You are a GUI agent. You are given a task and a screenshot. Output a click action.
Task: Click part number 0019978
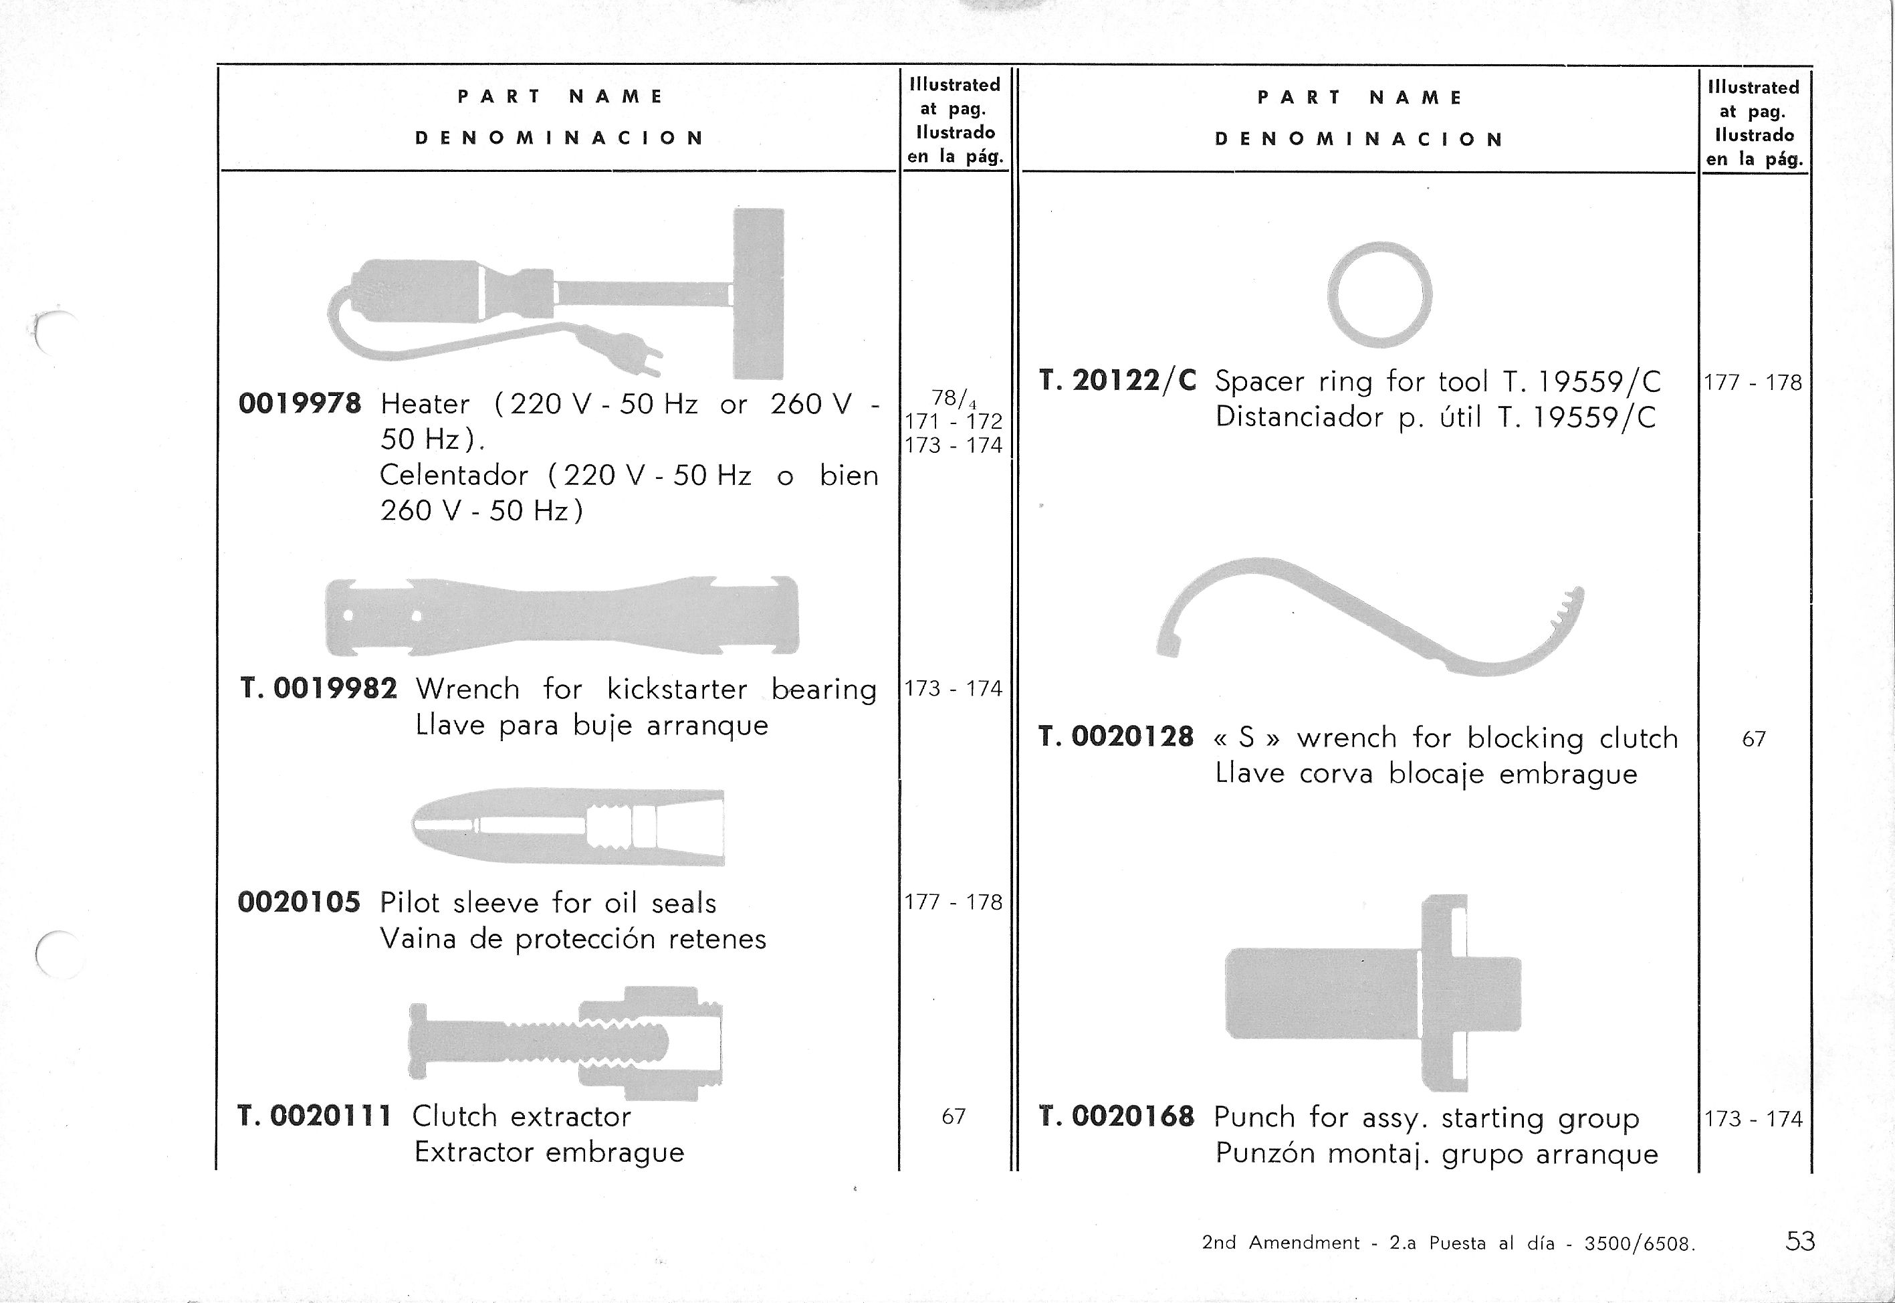pyautogui.click(x=299, y=403)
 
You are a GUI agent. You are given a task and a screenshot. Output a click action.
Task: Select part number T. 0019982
pyautogui.click(x=319, y=689)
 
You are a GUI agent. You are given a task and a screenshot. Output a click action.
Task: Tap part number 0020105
pyautogui.click(x=299, y=902)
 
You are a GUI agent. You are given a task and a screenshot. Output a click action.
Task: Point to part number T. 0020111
pyautogui.click(x=315, y=1115)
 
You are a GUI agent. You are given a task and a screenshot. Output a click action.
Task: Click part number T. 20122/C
pyautogui.click(x=1117, y=381)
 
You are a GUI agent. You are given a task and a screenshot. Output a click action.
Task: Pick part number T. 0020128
pyautogui.click(x=1117, y=737)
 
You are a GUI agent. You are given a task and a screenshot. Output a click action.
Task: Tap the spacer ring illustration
pyautogui.click(x=1379, y=294)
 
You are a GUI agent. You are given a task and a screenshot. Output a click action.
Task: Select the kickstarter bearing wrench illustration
pyautogui.click(x=562, y=617)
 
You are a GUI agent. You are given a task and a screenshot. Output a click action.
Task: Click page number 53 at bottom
pyautogui.click(x=1799, y=1241)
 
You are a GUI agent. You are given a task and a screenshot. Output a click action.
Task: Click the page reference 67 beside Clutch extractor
pyautogui.click(x=954, y=1116)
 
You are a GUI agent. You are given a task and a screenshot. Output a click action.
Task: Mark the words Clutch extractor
pyautogui.click(x=522, y=1116)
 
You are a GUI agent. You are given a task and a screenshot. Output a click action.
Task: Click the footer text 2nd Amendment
pyautogui.click(x=1280, y=1243)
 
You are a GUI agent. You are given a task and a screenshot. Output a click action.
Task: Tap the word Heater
pyautogui.click(x=425, y=404)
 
